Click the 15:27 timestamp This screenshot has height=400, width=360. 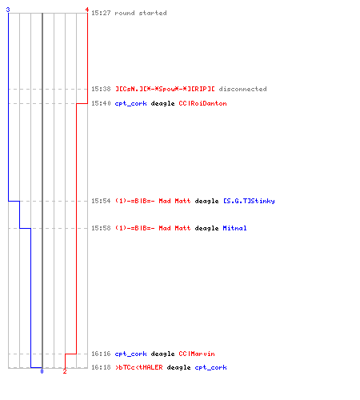[x=101, y=13]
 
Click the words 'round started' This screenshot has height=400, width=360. [x=141, y=13]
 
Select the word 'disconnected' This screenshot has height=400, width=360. [x=242, y=89]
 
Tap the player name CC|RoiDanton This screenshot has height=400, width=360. [x=202, y=103]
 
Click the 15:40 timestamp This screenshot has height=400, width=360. [x=101, y=103]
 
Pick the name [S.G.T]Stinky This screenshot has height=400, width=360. [x=249, y=201]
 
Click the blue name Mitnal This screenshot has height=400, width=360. [x=234, y=228]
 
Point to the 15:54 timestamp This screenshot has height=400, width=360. [x=101, y=201]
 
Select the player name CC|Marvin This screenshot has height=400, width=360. [x=197, y=354]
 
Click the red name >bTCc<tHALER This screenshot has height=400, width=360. [x=139, y=367]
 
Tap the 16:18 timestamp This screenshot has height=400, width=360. [x=101, y=367]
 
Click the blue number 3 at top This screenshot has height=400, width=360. [x=8, y=10]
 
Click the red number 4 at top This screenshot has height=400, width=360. [x=87, y=10]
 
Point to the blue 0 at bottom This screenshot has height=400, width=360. [x=42, y=371]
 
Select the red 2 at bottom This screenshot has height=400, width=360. [x=65, y=371]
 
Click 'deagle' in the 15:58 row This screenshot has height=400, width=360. [x=206, y=228]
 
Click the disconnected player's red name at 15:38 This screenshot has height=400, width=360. [x=165, y=89]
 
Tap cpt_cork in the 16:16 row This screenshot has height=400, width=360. [x=130, y=354]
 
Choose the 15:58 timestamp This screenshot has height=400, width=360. [x=101, y=228]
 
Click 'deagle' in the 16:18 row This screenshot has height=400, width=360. [x=178, y=367]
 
